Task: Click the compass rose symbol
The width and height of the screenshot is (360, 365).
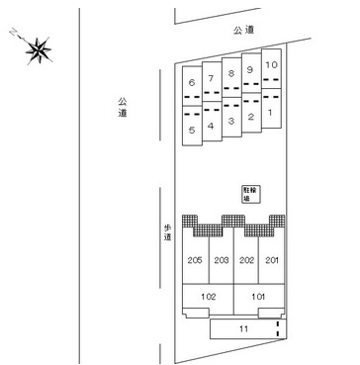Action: [39, 50]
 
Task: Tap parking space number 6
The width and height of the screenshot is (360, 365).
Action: [192, 86]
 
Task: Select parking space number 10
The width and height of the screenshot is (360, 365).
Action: [271, 69]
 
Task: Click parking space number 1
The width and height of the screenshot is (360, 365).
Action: [271, 109]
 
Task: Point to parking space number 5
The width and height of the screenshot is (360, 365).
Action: [192, 126]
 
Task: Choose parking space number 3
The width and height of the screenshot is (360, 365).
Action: [231, 117]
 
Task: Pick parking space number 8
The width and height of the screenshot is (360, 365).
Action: [231, 77]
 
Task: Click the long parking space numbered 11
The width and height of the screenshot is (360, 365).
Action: [248, 328]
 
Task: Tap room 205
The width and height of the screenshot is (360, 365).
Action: [195, 260]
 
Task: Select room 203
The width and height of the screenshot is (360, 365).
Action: [222, 260]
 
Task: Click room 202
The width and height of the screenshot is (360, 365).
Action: [246, 260]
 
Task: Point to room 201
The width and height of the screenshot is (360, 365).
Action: [272, 260]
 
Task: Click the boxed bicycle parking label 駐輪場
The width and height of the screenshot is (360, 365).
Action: [251, 194]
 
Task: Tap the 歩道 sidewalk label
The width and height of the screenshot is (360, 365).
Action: [168, 232]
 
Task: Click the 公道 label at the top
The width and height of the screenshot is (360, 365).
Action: [244, 31]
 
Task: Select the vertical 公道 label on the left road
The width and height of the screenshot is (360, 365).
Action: [123, 108]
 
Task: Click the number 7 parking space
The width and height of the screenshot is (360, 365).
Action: [212, 82]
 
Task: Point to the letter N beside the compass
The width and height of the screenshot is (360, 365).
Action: [14, 32]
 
